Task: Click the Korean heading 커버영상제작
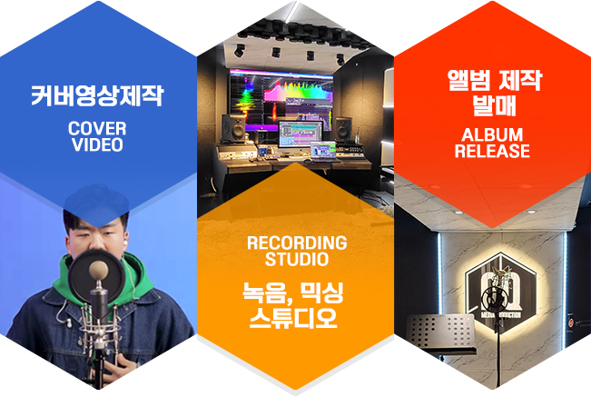(x=97, y=95)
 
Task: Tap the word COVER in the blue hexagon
(x=97, y=129)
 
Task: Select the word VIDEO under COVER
(x=97, y=144)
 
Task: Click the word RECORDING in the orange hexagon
(x=297, y=243)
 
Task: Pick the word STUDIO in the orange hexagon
(x=297, y=260)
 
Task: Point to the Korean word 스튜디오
(x=293, y=317)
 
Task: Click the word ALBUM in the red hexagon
(x=492, y=135)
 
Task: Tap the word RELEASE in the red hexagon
(x=492, y=151)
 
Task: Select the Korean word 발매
(x=495, y=105)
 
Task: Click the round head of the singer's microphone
(x=99, y=270)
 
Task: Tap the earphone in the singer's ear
(x=124, y=242)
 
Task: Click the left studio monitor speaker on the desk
(x=233, y=129)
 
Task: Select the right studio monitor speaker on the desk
(x=344, y=129)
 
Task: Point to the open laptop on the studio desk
(x=323, y=152)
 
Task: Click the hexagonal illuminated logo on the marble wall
(x=500, y=287)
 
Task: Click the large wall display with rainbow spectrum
(x=281, y=100)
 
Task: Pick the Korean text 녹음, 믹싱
(x=293, y=293)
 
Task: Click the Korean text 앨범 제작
(x=495, y=80)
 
